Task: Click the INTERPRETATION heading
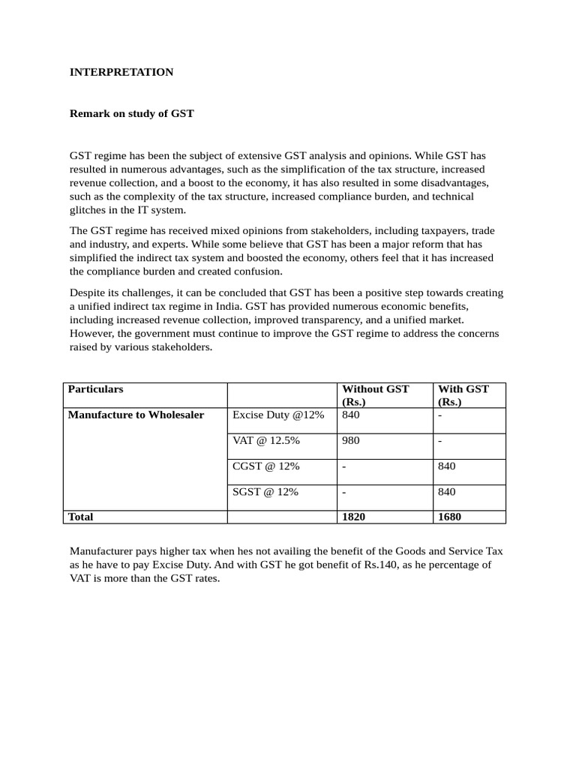click(121, 72)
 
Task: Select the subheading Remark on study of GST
click(132, 113)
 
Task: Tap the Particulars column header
click(95, 389)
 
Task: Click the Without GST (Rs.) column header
click(376, 395)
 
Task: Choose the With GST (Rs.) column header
click(463, 395)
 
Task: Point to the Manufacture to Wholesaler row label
click(136, 415)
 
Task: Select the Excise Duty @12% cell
click(278, 415)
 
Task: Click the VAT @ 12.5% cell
click(266, 440)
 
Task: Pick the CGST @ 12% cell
click(266, 466)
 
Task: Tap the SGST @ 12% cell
click(265, 491)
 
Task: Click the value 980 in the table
click(351, 440)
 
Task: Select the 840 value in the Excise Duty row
click(351, 415)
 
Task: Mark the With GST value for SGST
click(446, 491)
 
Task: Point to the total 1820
click(355, 517)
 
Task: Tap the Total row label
click(81, 517)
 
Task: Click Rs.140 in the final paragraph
click(382, 565)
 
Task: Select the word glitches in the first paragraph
click(88, 209)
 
